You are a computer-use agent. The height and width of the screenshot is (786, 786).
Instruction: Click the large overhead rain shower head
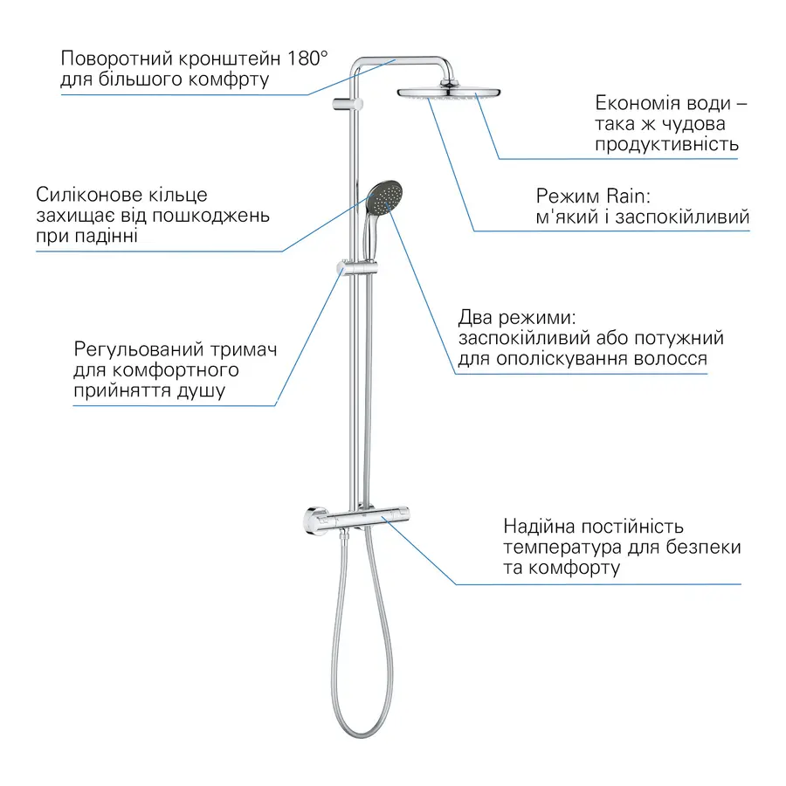point(450,92)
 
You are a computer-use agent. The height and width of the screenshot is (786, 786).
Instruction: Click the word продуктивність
point(667,144)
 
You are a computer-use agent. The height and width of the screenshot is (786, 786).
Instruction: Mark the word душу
point(199,390)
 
